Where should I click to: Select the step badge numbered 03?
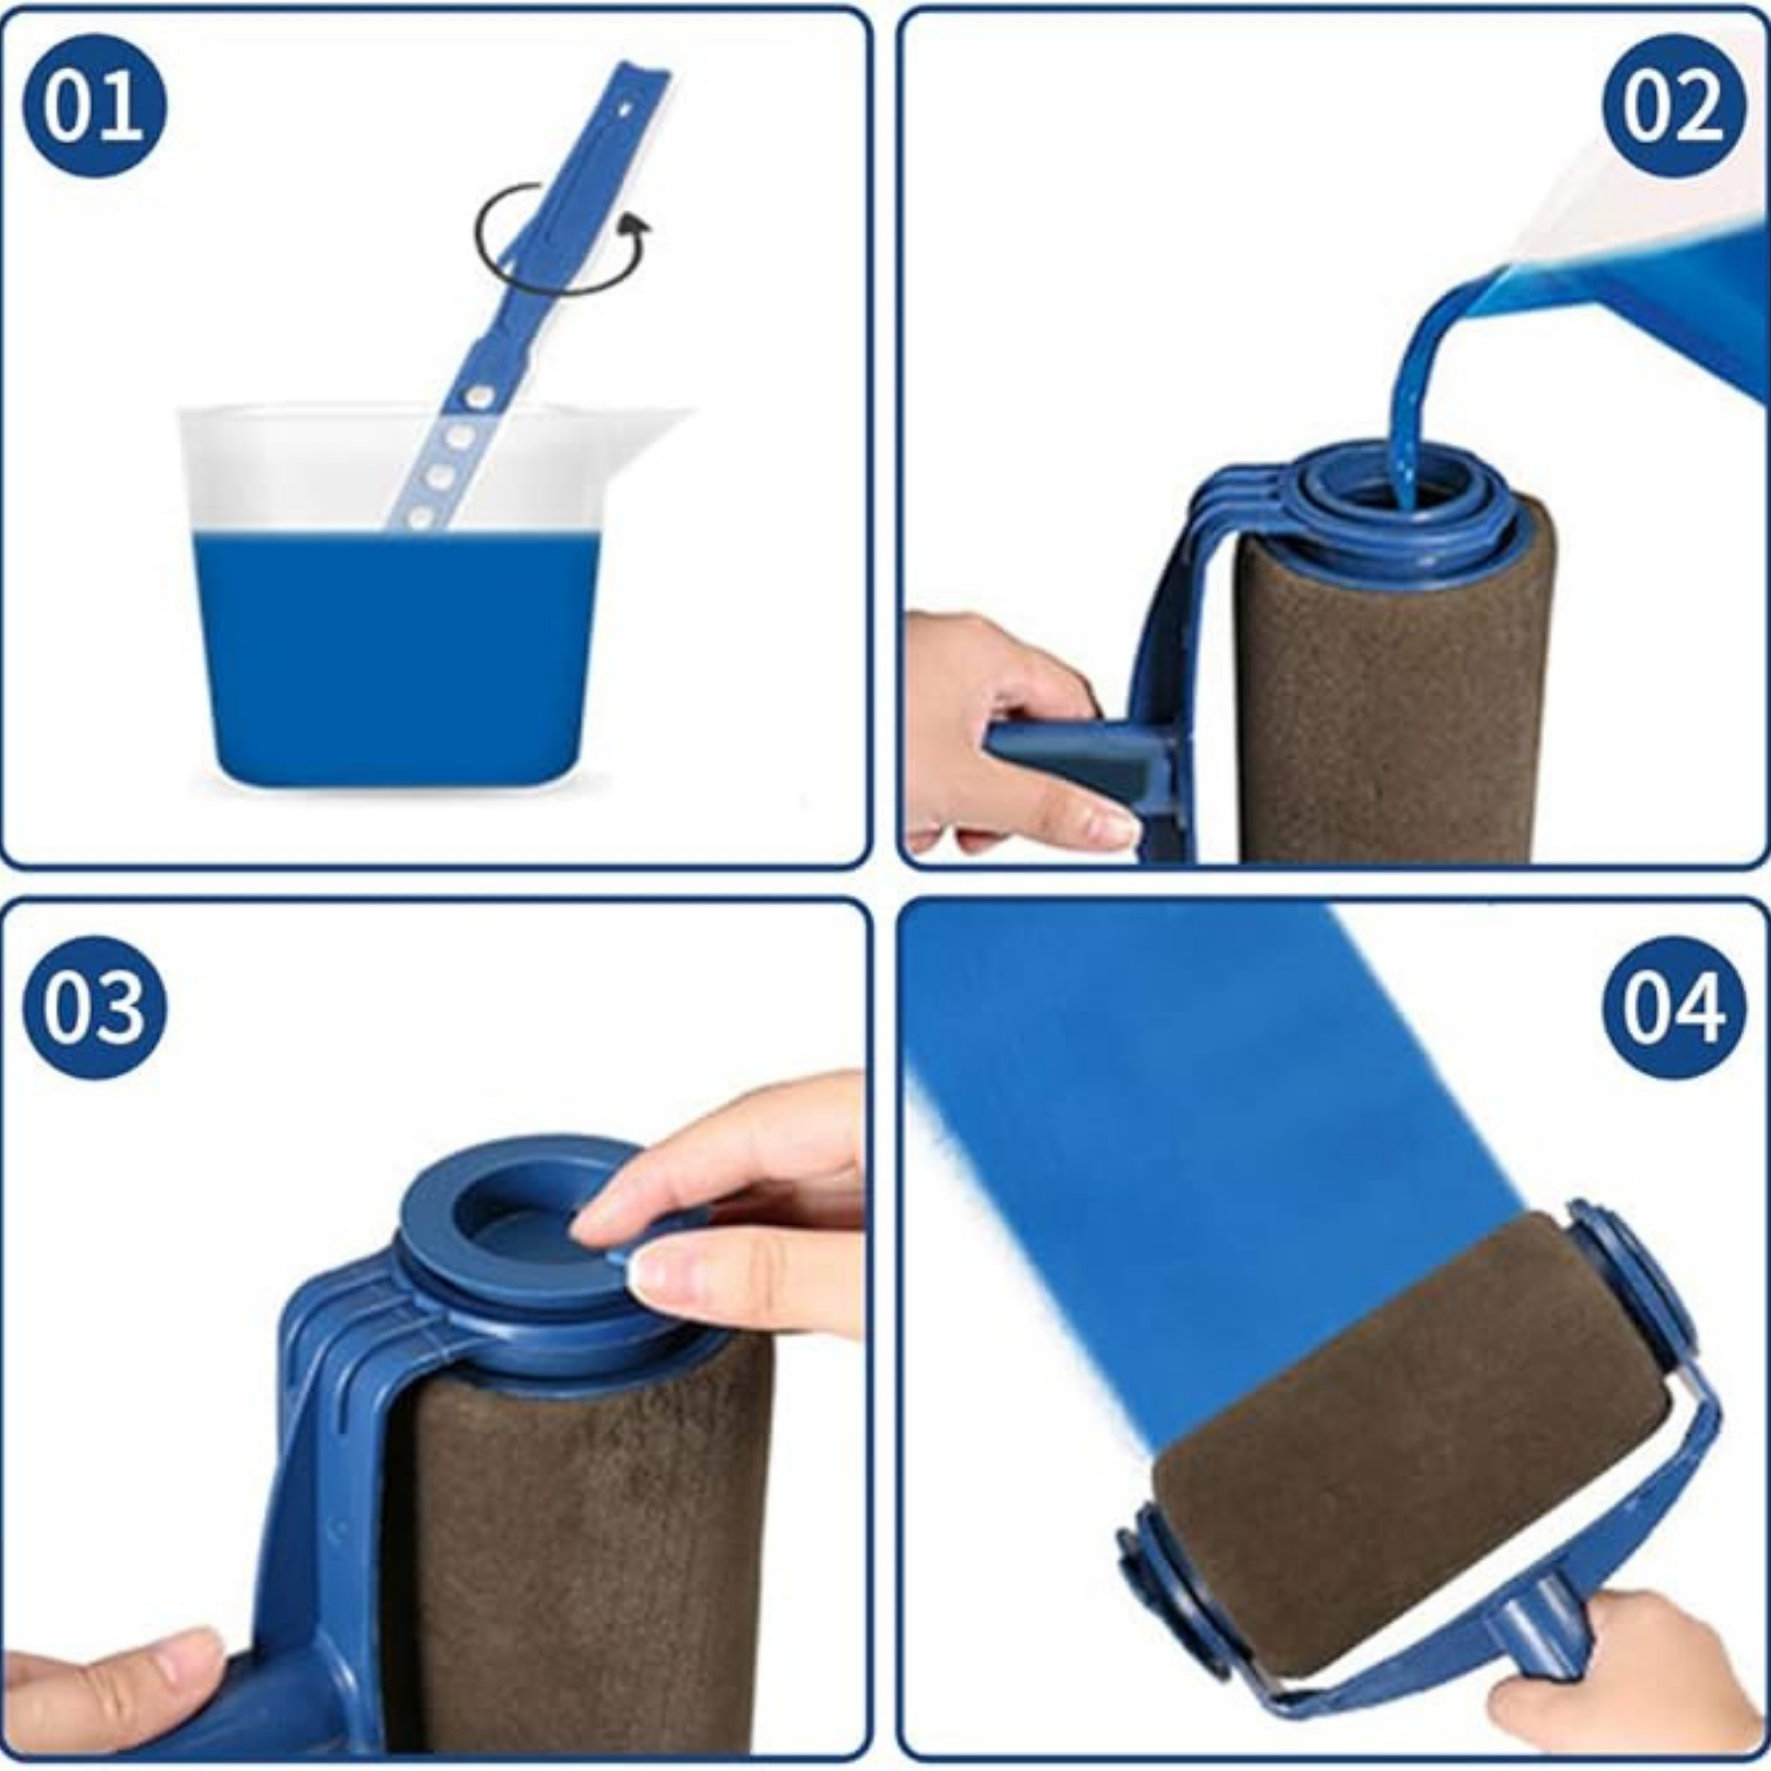(95, 1007)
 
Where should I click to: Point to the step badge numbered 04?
(1674, 1007)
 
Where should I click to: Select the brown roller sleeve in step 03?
(578, 1558)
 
